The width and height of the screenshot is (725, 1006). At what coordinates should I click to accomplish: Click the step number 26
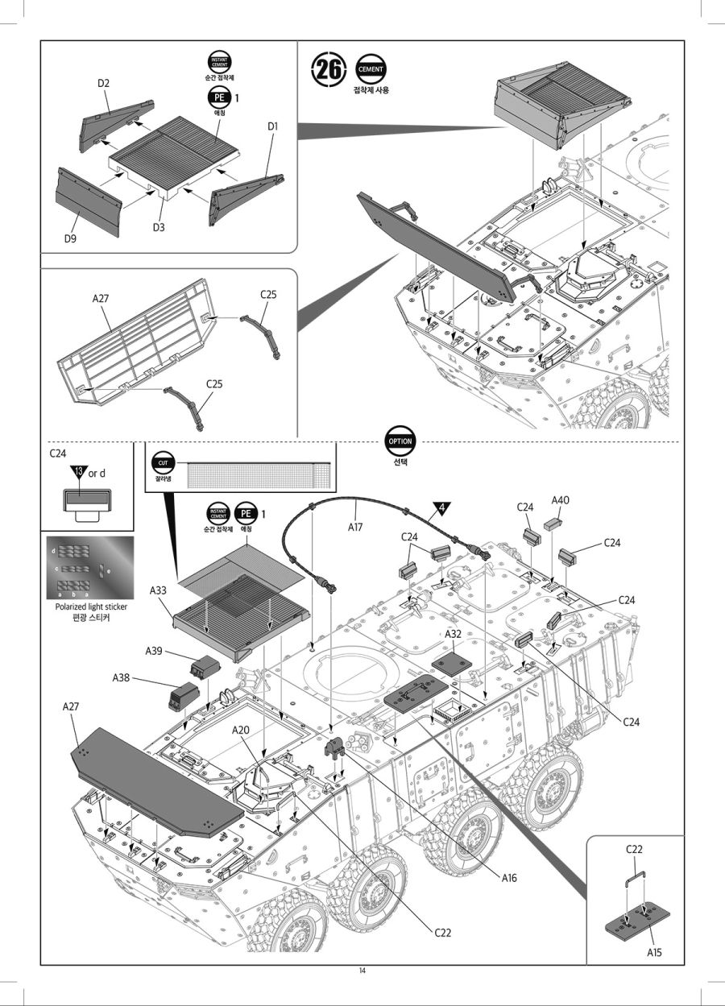click(329, 69)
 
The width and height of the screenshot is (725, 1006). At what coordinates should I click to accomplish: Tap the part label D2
click(103, 83)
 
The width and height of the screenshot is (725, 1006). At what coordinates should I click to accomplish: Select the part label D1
click(272, 126)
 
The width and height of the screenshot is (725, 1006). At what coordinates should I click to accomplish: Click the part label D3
click(159, 227)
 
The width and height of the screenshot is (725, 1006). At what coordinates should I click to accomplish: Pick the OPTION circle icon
click(400, 441)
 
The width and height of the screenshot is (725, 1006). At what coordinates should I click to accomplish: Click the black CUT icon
click(163, 464)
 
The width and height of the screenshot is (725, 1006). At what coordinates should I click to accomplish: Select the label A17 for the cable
click(356, 528)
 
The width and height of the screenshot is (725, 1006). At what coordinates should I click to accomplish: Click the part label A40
click(561, 500)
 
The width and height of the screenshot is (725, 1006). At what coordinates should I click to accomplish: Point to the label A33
click(159, 590)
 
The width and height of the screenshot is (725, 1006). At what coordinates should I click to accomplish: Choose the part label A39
click(154, 650)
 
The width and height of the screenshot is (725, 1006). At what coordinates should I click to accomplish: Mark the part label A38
click(121, 677)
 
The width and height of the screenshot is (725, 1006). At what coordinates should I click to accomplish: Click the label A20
click(241, 730)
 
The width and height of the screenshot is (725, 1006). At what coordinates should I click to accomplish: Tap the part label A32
click(453, 635)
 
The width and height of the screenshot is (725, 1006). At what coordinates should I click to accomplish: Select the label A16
click(508, 878)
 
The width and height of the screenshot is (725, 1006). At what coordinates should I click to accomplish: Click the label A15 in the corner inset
click(654, 953)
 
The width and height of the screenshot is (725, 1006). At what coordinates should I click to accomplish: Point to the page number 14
click(362, 970)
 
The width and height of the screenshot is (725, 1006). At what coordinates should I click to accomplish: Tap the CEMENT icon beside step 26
click(371, 68)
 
